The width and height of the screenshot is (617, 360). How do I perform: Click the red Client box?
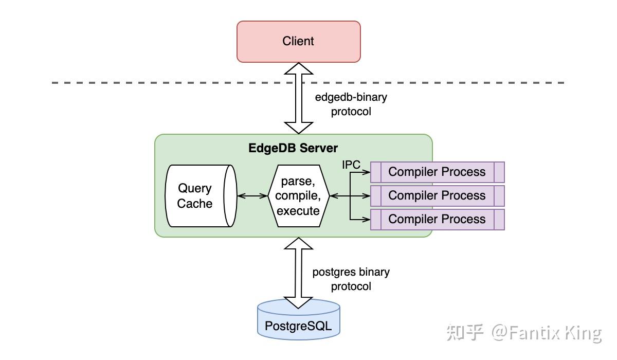click(298, 42)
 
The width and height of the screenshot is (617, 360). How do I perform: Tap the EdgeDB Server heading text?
click(293, 148)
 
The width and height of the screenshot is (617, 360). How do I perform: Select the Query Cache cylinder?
click(198, 196)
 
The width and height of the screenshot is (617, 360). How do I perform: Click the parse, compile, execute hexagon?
click(298, 196)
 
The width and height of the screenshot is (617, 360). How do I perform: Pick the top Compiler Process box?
click(437, 172)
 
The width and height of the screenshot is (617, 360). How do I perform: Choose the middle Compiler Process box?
click(437, 195)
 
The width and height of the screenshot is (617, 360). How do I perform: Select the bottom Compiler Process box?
click(437, 219)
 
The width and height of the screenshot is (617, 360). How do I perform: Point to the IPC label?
click(351, 165)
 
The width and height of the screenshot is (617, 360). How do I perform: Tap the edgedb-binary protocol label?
click(351, 104)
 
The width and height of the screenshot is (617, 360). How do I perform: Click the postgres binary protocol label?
click(351, 279)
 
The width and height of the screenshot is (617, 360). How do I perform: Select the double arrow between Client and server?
click(298, 98)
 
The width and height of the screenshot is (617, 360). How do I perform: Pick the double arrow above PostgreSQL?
click(298, 273)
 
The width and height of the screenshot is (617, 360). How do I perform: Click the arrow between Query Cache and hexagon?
click(252, 196)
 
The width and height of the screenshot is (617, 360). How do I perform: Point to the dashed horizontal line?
click(154, 82)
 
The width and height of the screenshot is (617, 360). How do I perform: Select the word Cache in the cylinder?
click(194, 204)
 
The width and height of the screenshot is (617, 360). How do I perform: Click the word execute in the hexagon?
click(298, 211)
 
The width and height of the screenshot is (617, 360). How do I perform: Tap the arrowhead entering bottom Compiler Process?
click(367, 220)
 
